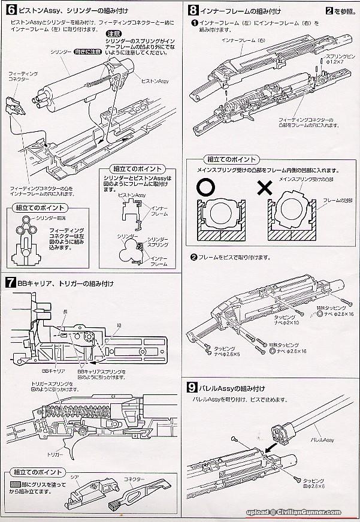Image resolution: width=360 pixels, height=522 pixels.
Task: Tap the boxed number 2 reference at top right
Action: click(x=329, y=10)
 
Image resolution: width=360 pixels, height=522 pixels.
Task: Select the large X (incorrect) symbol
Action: click(x=264, y=188)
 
